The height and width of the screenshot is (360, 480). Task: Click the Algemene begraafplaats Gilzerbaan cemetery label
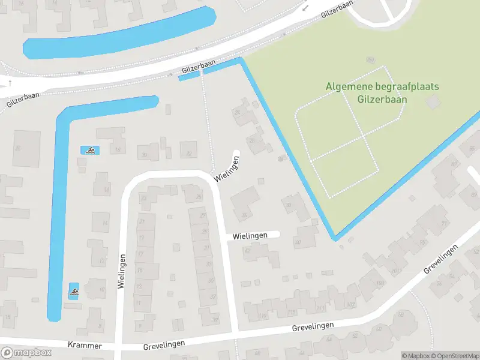pyautogui.click(x=382, y=92)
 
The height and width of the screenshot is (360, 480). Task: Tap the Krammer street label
pyautogui.click(x=85, y=346)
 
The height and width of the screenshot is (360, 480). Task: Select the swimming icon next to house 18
pyautogui.click(x=89, y=150)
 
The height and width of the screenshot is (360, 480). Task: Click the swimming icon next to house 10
pyautogui.click(x=74, y=292)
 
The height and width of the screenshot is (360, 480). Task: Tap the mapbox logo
pyautogui.click(x=26, y=353)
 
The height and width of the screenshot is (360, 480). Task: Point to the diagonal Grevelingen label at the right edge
pyautogui.click(x=445, y=259)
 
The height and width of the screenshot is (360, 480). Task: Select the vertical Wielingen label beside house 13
pyautogui.click(x=122, y=272)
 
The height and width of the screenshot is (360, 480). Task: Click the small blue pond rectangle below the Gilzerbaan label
pyautogui.click(x=188, y=76)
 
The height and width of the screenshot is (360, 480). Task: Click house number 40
pyautogui.click(x=298, y=241)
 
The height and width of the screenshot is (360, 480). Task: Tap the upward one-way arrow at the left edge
pyautogui.click(x=10, y=83)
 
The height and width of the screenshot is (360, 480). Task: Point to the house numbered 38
pyautogui.click(x=289, y=205)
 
